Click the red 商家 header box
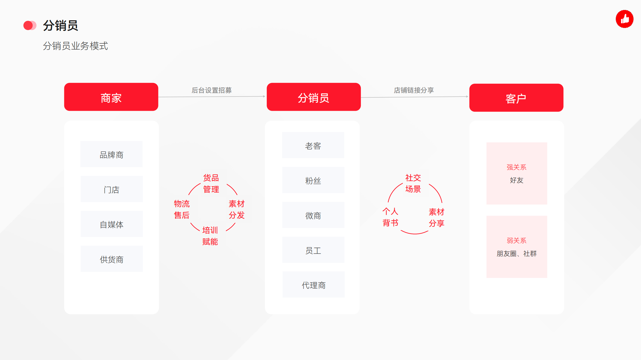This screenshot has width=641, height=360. (x=111, y=97)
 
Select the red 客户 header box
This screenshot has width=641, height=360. (x=516, y=98)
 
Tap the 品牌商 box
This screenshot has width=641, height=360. (x=111, y=154)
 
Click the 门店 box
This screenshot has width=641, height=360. (x=112, y=189)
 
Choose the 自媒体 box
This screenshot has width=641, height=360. (x=112, y=224)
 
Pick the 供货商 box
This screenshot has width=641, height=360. (x=112, y=259)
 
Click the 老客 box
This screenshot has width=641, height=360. (x=313, y=145)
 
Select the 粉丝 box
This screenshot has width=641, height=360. (x=313, y=180)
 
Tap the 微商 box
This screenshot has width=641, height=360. (x=313, y=215)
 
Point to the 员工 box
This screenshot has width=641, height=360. (x=313, y=250)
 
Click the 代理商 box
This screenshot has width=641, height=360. (x=314, y=284)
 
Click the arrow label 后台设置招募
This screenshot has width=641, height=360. (x=212, y=90)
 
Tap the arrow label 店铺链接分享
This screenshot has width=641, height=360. (x=414, y=90)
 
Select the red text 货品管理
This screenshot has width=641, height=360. (x=211, y=184)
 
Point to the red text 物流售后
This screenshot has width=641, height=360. (x=182, y=209)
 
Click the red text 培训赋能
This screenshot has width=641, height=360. (x=210, y=236)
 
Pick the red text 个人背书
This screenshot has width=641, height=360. (x=390, y=217)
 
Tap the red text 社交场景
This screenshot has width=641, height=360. (x=413, y=183)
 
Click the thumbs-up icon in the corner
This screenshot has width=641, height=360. (x=625, y=19)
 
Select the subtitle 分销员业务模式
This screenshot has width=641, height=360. (x=75, y=46)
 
